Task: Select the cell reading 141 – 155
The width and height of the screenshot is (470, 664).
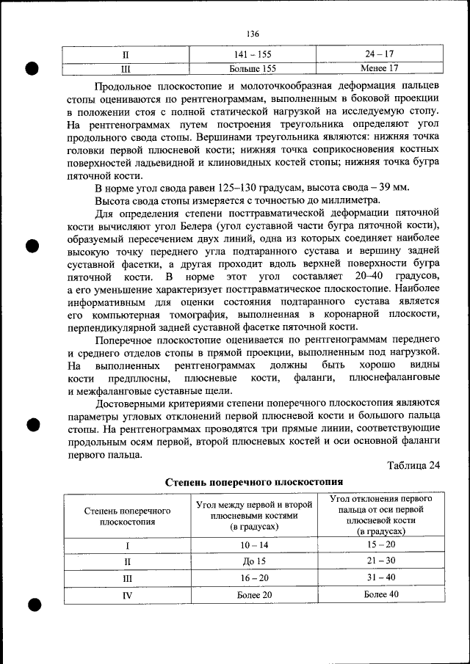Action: pyautogui.click(x=253, y=54)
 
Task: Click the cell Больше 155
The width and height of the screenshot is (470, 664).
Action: pyautogui.click(x=253, y=68)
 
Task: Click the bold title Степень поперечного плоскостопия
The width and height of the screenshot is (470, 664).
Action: pyautogui.click(x=253, y=482)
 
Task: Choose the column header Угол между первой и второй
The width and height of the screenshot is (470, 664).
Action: pyautogui.click(x=252, y=506)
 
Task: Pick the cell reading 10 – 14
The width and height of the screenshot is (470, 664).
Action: pyautogui.click(x=253, y=545)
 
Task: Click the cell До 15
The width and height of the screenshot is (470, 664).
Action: pyautogui.click(x=253, y=561)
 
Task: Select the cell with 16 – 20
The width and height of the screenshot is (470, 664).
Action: pyautogui.click(x=253, y=577)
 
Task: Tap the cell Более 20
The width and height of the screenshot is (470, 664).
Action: pyautogui.click(x=253, y=594)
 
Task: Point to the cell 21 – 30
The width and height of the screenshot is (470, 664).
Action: pyautogui.click(x=380, y=561)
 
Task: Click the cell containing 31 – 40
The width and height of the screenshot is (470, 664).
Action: pyautogui.click(x=380, y=577)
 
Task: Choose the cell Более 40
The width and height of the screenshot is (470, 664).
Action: pyautogui.click(x=380, y=594)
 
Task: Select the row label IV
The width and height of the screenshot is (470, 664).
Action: pyautogui.click(x=127, y=595)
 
